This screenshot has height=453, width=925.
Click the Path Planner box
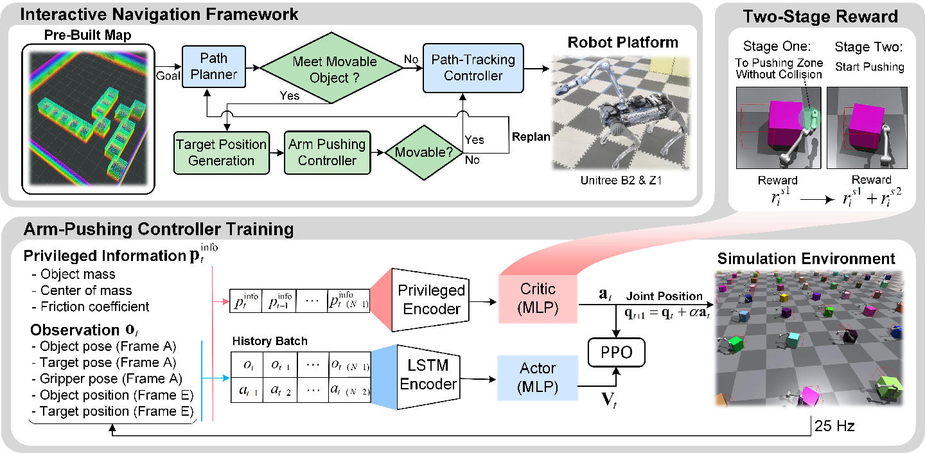(x=214, y=66)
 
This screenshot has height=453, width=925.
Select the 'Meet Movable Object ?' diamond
(x=331, y=68)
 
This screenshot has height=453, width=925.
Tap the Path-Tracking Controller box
(x=473, y=68)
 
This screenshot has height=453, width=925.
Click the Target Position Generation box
(x=222, y=153)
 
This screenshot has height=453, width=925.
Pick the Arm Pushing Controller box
(x=328, y=153)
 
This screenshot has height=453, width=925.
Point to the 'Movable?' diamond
(x=424, y=152)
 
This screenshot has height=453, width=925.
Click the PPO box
(x=616, y=352)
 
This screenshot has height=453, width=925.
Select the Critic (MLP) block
(x=538, y=299)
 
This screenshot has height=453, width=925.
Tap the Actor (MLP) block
(x=538, y=377)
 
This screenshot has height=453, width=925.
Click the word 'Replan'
(x=531, y=137)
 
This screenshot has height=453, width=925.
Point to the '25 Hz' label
(x=834, y=426)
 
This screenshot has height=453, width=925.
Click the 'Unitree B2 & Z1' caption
(x=621, y=181)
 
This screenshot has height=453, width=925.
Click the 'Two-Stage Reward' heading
(x=820, y=17)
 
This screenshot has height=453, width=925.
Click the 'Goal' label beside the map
(x=168, y=76)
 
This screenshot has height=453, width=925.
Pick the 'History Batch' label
(x=270, y=341)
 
